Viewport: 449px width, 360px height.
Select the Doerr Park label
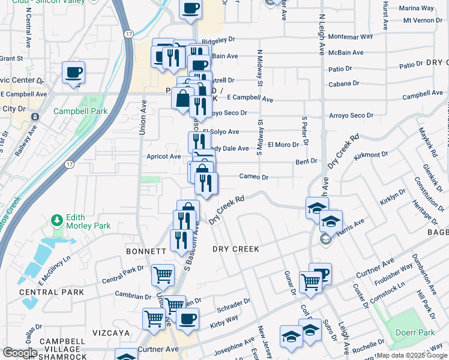[415, 332]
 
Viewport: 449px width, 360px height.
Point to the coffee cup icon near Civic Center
[73, 73]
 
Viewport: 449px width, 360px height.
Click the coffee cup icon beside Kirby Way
[187, 318]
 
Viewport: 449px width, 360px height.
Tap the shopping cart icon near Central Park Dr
[163, 275]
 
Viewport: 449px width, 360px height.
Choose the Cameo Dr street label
[253, 177]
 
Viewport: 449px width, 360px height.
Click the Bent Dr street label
[306, 161]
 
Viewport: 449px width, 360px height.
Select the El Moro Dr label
[283, 145]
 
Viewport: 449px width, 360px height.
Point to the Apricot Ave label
[164, 157]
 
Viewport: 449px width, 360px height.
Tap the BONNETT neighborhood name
[146, 251]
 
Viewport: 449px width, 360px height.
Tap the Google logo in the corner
[20, 352]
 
